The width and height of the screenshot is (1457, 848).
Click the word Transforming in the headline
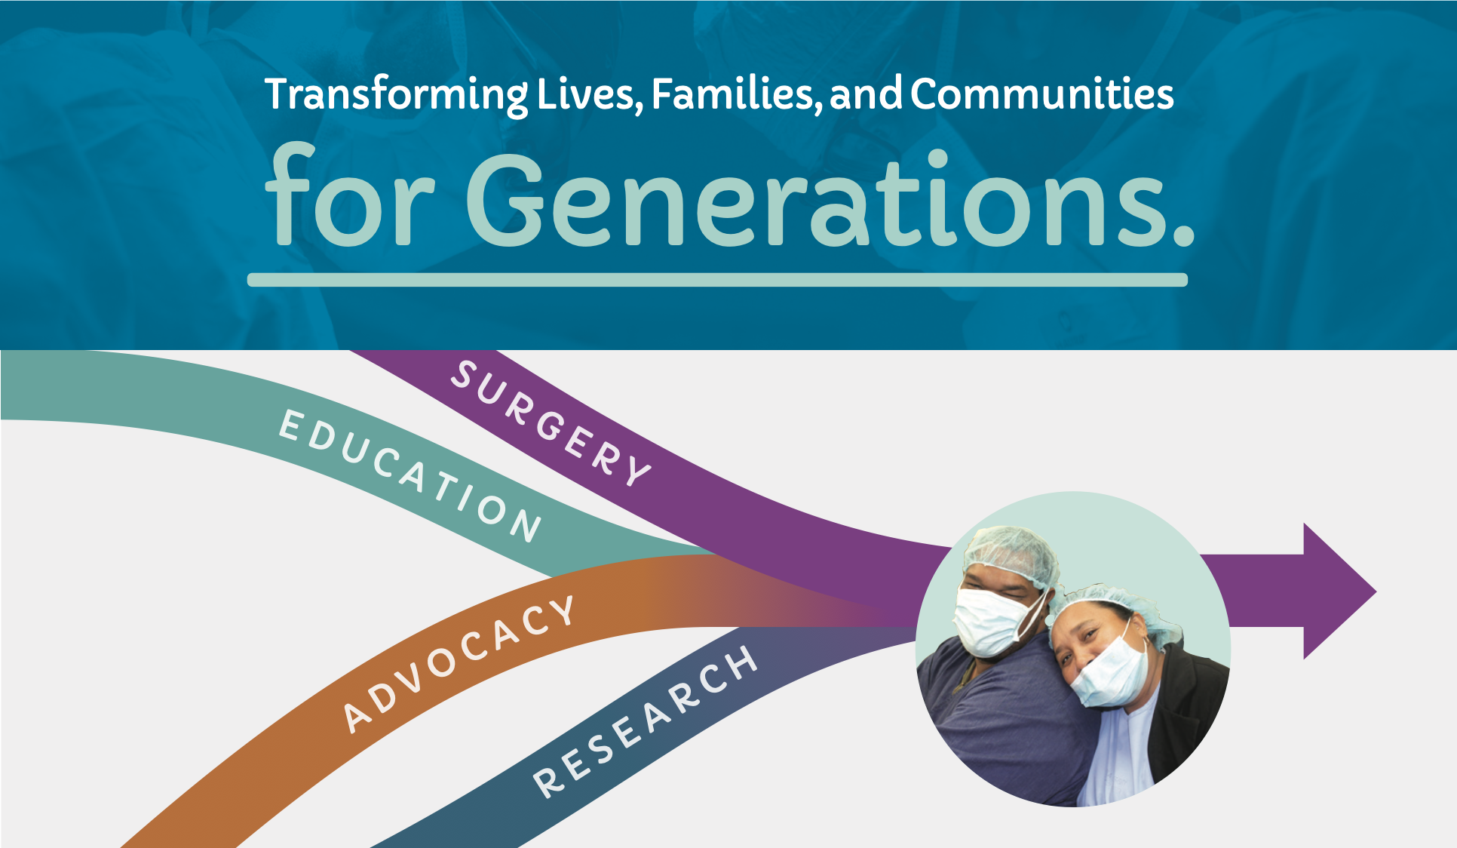click(397, 95)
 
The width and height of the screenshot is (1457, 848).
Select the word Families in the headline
click(736, 94)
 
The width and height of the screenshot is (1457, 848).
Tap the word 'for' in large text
click(349, 195)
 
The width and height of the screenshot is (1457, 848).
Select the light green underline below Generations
click(717, 280)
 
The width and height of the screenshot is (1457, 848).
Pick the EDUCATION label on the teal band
click(410, 476)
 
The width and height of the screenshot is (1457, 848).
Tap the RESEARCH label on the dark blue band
click(646, 720)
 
